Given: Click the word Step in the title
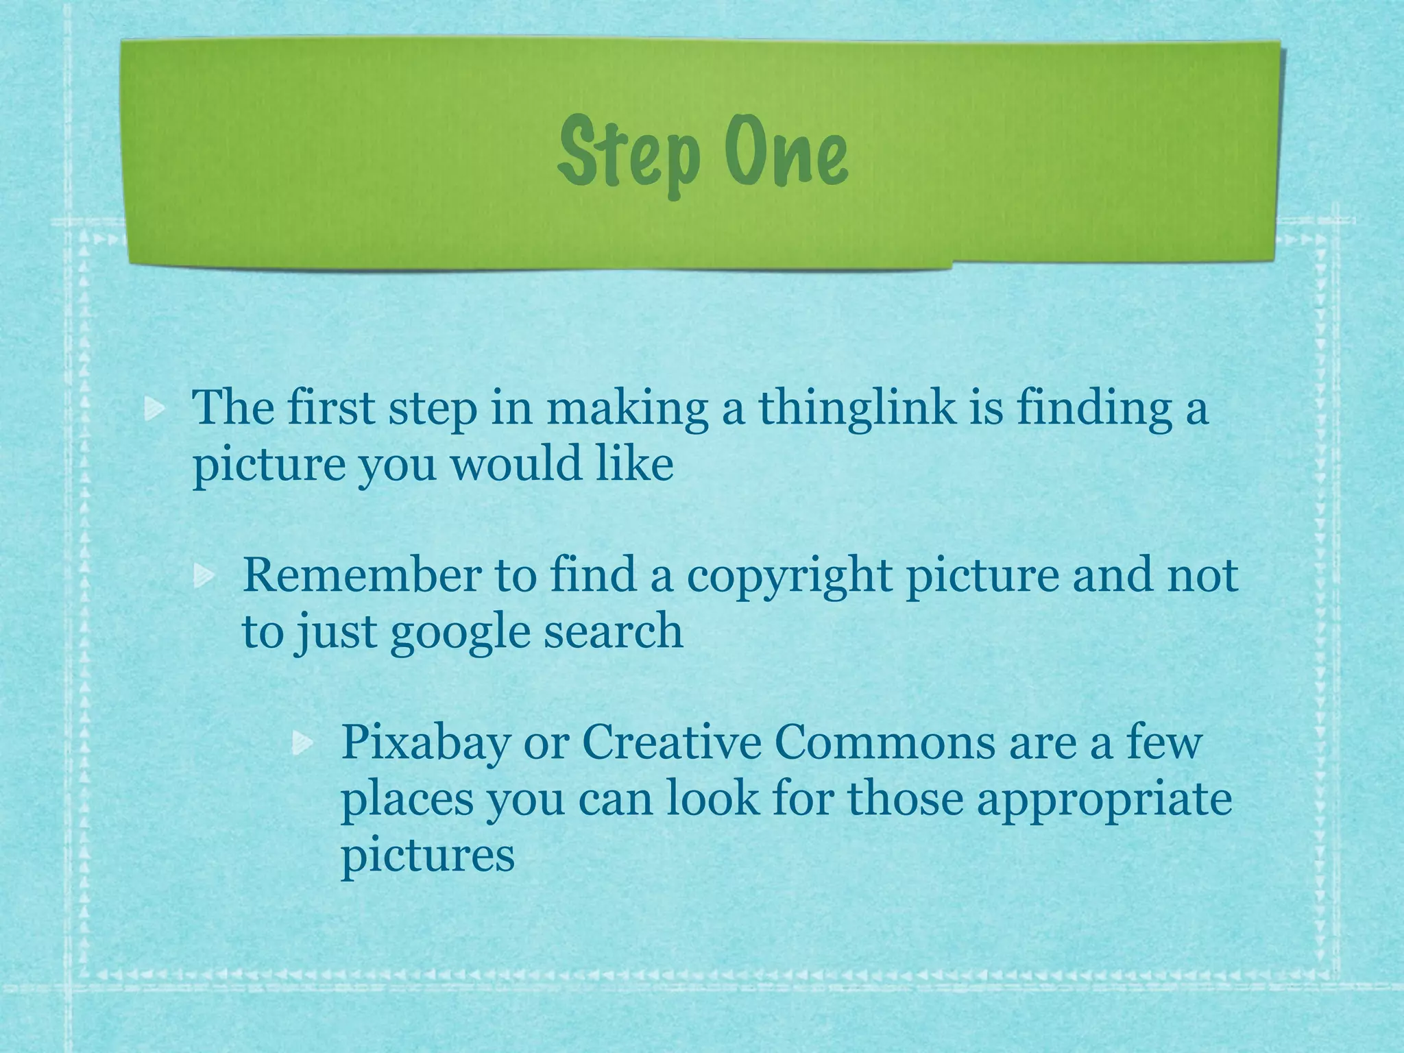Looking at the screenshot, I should pos(629,152).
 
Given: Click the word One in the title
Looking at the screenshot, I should pos(787,152).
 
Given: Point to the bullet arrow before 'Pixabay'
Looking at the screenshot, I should pos(302,743).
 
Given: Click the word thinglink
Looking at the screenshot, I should pos(856,409).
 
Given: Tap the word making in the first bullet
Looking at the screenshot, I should pos(627,409).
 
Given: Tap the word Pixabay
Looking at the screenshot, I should pos(426,743).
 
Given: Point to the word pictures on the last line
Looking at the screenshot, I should pos(428,857).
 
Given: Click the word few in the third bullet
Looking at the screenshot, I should pos(1165,742).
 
